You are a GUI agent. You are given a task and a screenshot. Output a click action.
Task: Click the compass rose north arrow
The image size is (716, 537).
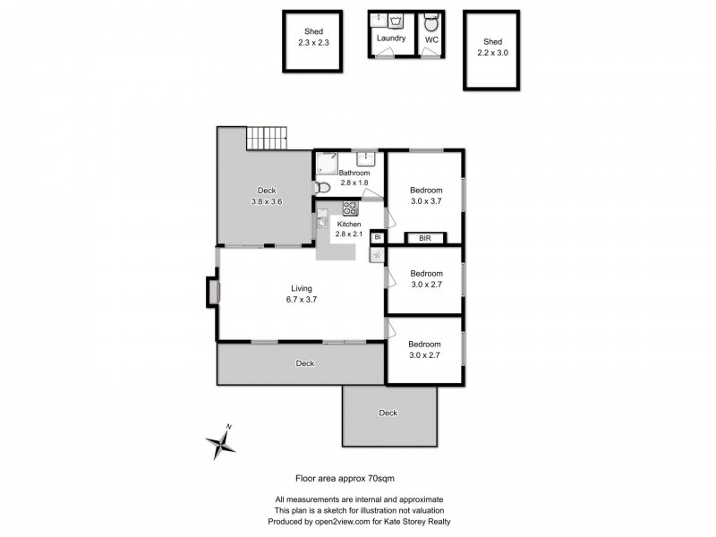click(220, 440)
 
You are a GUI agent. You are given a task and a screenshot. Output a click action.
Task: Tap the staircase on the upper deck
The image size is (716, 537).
click(267, 138)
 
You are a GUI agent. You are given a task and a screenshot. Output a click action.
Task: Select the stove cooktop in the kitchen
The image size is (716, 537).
click(349, 209)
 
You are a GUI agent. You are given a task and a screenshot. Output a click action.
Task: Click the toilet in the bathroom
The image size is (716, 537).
click(324, 188)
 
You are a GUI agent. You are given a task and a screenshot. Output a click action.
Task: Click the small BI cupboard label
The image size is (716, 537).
click(378, 238)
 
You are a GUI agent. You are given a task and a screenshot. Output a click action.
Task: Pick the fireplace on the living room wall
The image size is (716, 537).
click(212, 293)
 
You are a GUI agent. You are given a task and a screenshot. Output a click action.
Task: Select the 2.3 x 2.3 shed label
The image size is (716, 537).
click(313, 42)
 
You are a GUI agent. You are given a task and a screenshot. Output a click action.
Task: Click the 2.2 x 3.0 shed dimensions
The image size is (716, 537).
click(492, 53)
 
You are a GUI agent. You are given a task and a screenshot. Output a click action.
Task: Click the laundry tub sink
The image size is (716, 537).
click(379, 20)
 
